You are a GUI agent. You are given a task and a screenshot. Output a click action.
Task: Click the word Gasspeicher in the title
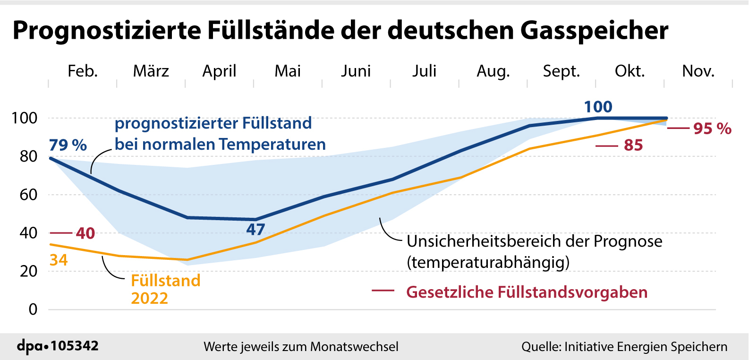[x=594, y=31]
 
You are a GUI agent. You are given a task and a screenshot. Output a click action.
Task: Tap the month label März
[x=151, y=71]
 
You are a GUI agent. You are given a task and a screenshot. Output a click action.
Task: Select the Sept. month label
[x=561, y=71]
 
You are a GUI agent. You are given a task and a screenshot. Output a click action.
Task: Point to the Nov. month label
[x=698, y=71]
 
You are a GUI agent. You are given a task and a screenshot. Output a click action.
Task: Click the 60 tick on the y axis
[x=28, y=195]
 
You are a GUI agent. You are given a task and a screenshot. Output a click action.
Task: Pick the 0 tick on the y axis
[x=33, y=309]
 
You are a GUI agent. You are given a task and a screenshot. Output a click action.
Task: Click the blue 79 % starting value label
[x=68, y=145]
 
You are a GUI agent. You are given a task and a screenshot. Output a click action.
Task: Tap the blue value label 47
[x=255, y=230]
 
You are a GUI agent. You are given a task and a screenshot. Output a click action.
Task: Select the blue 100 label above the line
[x=598, y=107]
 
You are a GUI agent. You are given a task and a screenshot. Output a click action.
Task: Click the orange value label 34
[x=59, y=260]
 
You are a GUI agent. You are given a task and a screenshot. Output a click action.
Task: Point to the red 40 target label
[x=85, y=233]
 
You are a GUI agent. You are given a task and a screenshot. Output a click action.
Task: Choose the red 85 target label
[x=633, y=146]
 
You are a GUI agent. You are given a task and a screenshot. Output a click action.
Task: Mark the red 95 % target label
[x=712, y=129]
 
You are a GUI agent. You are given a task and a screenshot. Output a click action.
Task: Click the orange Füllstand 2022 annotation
[x=165, y=289]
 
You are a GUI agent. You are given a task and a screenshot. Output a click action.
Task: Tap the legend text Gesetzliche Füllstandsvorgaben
[x=527, y=292]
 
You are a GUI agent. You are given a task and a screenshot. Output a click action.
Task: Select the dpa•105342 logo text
[x=58, y=346]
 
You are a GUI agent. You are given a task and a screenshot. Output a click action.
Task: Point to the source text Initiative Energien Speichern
[x=646, y=347]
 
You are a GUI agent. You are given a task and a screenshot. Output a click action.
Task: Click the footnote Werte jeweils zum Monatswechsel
[x=301, y=347]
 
